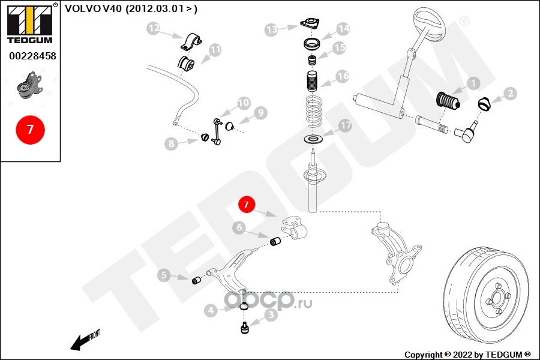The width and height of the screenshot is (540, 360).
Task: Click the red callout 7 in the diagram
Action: [246, 205]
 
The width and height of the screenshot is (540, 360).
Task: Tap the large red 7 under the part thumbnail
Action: [29, 130]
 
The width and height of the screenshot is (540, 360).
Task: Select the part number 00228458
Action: [30, 56]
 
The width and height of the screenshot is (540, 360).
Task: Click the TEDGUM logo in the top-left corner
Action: [29, 25]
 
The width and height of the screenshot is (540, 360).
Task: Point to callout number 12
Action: [154, 28]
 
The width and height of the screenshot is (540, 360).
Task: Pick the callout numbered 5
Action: [164, 275]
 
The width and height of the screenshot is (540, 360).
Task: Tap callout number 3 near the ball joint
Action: [271, 313]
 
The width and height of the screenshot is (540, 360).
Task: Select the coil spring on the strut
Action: [311, 110]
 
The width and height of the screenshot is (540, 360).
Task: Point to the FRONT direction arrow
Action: [83, 341]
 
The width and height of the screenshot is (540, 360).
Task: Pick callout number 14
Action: [343, 28]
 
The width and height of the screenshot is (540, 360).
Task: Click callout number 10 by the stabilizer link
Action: [243, 103]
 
